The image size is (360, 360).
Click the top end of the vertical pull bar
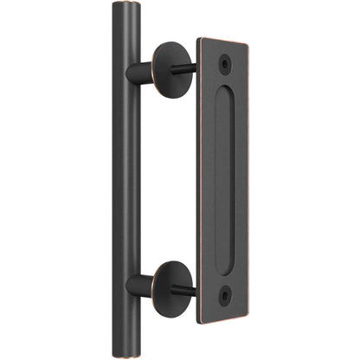pyautogui.click(x=126, y=6)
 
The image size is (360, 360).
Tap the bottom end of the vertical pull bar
pyautogui.click(x=125, y=354)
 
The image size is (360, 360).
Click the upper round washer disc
pyautogui.click(x=171, y=63)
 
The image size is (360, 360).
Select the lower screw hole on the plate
pyautogui.click(x=226, y=295)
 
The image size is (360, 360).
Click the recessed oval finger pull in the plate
pyautogui.click(x=226, y=179)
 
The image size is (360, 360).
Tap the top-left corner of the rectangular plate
pyautogui.click(x=198, y=38)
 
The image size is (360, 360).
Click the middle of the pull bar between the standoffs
pyautogui.click(x=126, y=177)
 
